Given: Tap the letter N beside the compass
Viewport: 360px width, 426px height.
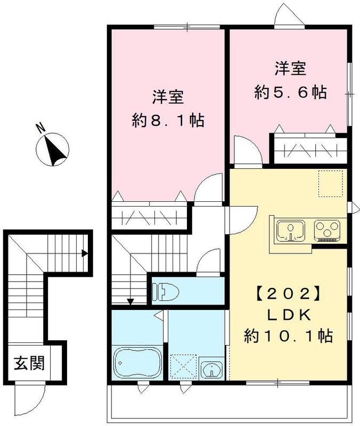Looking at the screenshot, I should click(x=39, y=128).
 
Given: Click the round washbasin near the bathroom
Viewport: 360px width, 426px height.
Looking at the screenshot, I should click(x=212, y=369).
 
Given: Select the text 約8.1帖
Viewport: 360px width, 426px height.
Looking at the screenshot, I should click(x=168, y=120).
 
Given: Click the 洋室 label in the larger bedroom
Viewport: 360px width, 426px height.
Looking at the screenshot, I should click(x=168, y=97).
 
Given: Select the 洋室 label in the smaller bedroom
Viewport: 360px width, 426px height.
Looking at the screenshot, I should click(x=290, y=69).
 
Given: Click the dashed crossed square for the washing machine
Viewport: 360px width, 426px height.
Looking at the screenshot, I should click(x=183, y=366).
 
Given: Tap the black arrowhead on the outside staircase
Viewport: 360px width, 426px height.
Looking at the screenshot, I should click(x=84, y=253).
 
